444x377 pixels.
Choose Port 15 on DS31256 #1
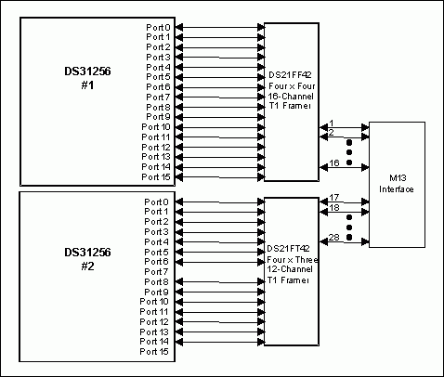coord(155,176)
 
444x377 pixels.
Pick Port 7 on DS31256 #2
coord(155,271)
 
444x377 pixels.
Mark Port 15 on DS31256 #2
coord(155,351)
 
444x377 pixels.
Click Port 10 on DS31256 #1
coord(155,126)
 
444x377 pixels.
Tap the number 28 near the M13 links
coord(332,238)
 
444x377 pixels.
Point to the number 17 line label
coord(332,197)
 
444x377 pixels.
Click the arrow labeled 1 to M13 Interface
coord(344,129)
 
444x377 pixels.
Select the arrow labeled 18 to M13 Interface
coord(344,214)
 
